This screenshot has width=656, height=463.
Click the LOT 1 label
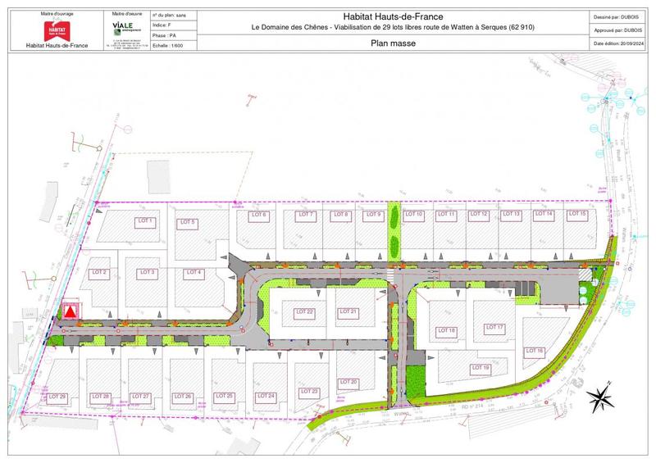tap(146, 222)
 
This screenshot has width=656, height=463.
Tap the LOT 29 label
tap(57, 397)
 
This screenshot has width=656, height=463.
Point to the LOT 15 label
tap(577, 214)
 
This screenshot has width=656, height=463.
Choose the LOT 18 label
tap(447, 330)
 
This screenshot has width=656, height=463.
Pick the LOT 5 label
tap(188, 222)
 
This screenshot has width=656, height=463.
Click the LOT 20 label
tap(348, 382)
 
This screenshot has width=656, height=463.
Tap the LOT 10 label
tap(414, 215)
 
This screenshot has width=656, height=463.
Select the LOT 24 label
tap(265, 397)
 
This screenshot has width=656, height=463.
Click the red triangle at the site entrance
tap(71, 311)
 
